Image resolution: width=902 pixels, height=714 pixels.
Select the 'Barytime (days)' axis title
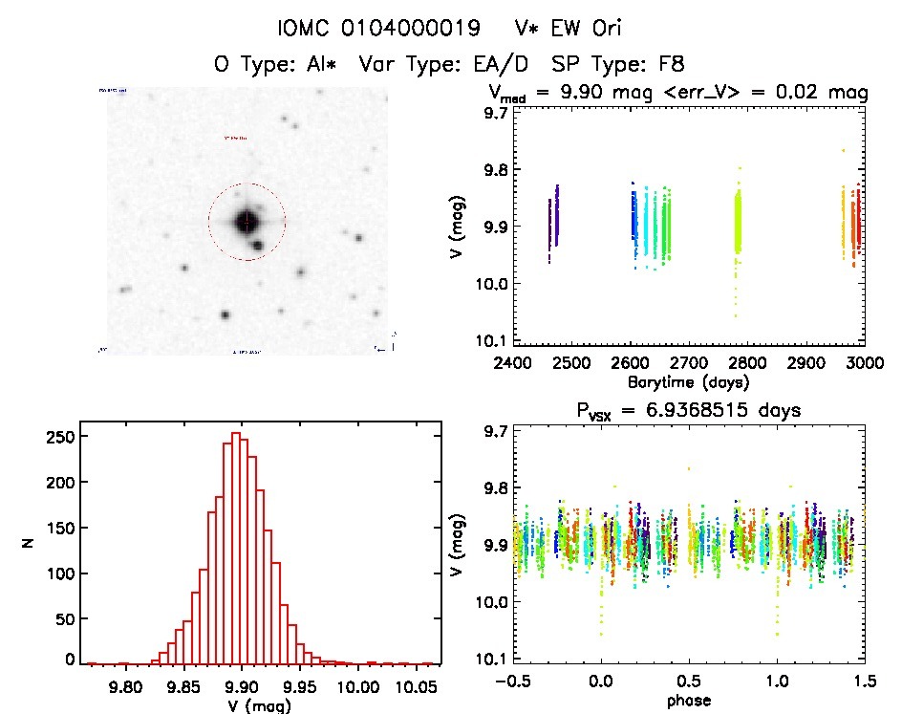688,381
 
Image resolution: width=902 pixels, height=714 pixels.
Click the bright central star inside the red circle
246,222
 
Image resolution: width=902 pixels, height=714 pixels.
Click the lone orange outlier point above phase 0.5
689,468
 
